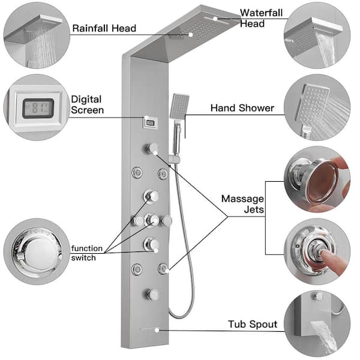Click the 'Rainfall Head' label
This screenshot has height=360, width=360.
(x=104, y=28)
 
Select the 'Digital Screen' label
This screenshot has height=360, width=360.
(x=87, y=104)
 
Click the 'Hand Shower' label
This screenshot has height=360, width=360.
(x=242, y=109)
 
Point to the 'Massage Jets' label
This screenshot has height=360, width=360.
(x=242, y=204)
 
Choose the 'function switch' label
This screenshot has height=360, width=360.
(x=86, y=253)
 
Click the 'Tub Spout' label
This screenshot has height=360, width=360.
(x=252, y=325)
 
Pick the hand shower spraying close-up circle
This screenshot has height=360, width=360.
(x=316, y=109)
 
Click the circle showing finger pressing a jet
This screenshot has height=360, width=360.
(x=316, y=250)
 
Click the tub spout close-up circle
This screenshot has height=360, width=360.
(x=316, y=324)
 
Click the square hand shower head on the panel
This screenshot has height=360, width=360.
(x=180, y=107)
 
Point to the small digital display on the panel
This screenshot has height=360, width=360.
(x=149, y=122)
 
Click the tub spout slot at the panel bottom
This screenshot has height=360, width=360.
(x=148, y=329)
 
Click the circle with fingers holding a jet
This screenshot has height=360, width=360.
(x=316, y=179)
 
